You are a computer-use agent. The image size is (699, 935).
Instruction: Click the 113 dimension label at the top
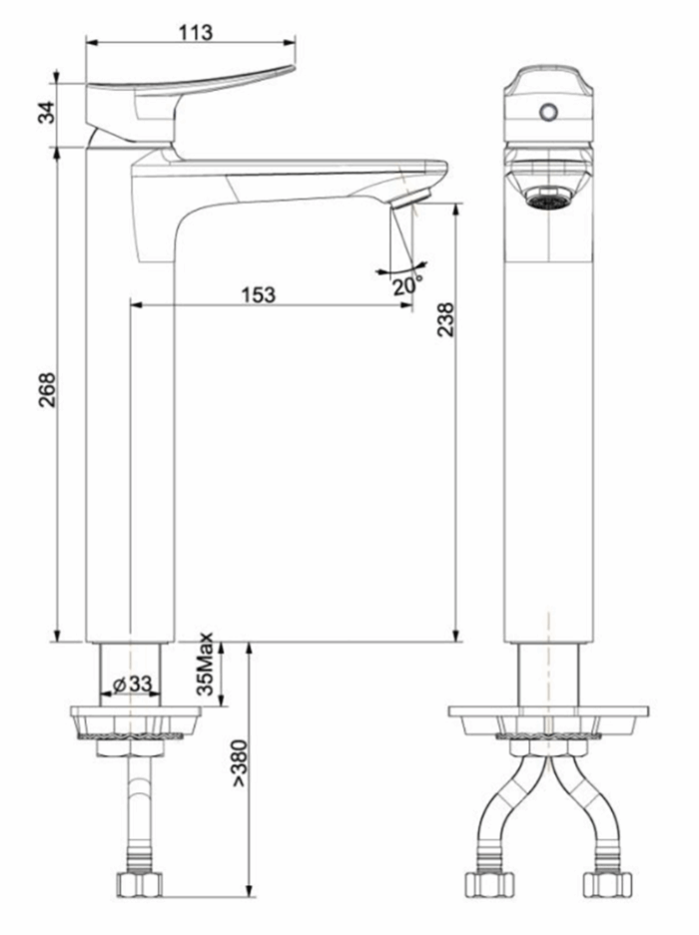coord(196,32)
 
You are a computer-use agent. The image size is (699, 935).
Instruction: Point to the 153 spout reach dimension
coord(258,295)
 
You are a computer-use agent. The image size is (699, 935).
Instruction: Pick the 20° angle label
coord(405,285)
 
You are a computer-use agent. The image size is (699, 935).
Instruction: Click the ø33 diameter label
coord(132,685)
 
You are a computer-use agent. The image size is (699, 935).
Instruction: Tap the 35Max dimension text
coord(206,664)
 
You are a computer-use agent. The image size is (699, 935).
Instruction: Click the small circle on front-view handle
coord(547,112)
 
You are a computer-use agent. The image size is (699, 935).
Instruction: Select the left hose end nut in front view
coord(489,883)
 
